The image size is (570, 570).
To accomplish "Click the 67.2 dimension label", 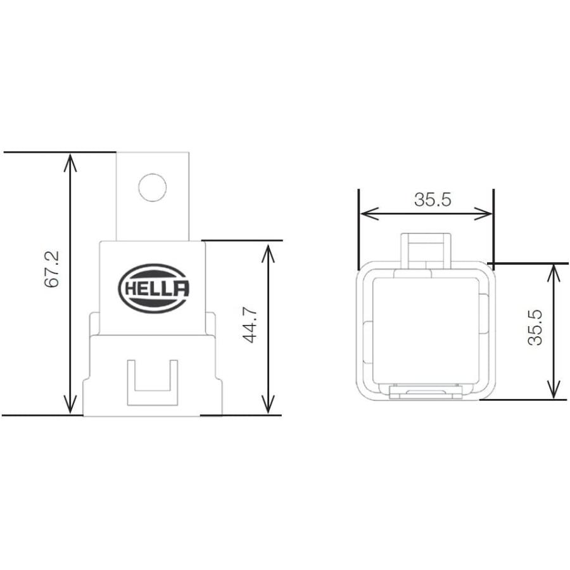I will coord(52,269).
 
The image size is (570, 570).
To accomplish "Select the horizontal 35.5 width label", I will coord(433,200).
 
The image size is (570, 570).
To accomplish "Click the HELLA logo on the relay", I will coord(153,289).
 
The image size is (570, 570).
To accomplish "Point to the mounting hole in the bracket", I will coord(153,187).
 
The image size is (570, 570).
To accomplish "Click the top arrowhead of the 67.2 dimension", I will coord(70,161).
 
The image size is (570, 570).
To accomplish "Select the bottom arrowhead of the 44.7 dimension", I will coord(269,405).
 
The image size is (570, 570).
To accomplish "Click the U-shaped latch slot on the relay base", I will coord(152,382).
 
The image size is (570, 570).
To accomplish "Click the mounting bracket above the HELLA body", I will coord(153,196).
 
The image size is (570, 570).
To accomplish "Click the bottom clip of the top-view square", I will coord(426,393).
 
